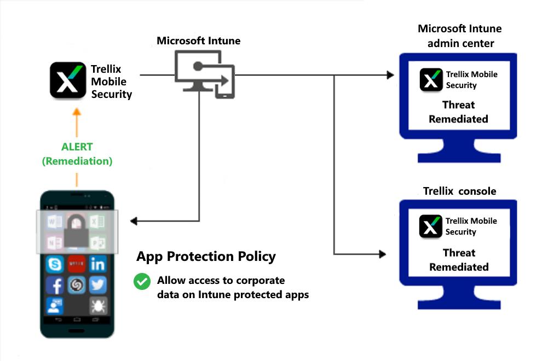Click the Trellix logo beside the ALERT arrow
coord(68,80)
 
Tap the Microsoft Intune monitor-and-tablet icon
coord(204,74)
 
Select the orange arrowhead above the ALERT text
coord(77,112)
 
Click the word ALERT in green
coord(77,147)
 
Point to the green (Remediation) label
coord(77,161)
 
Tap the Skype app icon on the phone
coord(55,265)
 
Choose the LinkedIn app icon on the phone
coord(98,265)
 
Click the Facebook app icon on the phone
coord(55,285)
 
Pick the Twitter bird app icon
coord(98,285)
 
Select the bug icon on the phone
coord(98,305)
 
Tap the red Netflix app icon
coord(76,265)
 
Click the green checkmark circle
coord(142,282)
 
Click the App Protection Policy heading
coord(206,257)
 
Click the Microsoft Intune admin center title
coord(460,36)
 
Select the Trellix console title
coord(460,191)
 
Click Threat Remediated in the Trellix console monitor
coord(459,260)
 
